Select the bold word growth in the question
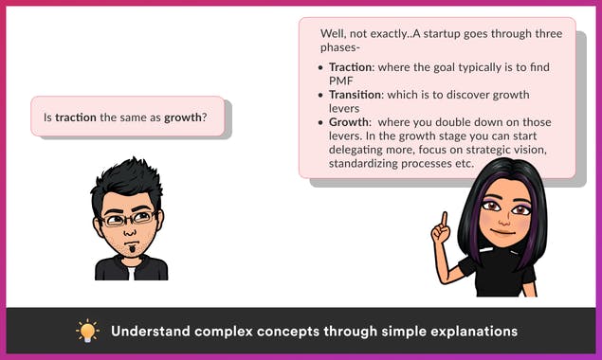(x=182, y=118)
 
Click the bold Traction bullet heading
(x=350, y=67)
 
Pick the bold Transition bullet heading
(x=355, y=95)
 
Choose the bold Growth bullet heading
(x=348, y=122)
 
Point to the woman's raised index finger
(x=444, y=220)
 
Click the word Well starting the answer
(x=334, y=32)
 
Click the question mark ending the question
(x=205, y=118)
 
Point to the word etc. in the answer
(x=463, y=164)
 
